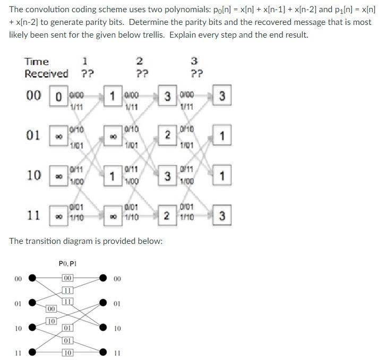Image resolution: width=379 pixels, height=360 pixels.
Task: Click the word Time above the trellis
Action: point(36,62)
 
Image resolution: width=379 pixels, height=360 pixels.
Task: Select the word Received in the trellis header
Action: point(46,74)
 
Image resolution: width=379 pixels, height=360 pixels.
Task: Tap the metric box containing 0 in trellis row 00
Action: point(58,97)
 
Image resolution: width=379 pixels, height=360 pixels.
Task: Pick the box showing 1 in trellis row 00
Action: point(113,97)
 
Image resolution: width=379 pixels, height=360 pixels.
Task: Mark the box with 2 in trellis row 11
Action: point(167,216)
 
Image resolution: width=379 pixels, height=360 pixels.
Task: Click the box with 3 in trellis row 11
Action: point(222,216)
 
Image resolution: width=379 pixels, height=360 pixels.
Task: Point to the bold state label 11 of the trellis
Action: point(35,215)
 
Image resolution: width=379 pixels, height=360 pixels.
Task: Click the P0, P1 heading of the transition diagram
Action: point(67,262)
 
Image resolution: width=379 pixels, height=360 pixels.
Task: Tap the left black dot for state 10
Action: point(33,328)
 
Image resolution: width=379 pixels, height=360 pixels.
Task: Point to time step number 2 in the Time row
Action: point(140,62)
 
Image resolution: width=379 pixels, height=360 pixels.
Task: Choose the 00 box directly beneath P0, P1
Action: point(67,278)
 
